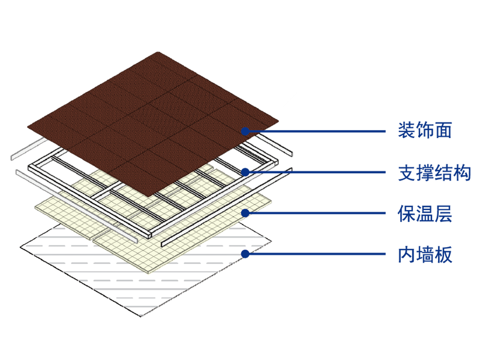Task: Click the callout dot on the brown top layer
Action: click(x=245, y=131)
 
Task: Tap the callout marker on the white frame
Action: click(x=245, y=172)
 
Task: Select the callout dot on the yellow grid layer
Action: click(x=245, y=212)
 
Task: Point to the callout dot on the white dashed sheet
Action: click(x=245, y=253)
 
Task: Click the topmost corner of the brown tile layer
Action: click(x=159, y=52)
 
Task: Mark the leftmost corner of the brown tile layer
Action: click(x=28, y=127)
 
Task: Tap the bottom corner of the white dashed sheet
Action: click(x=142, y=316)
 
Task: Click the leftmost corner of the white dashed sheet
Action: click(x=20, y=247)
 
